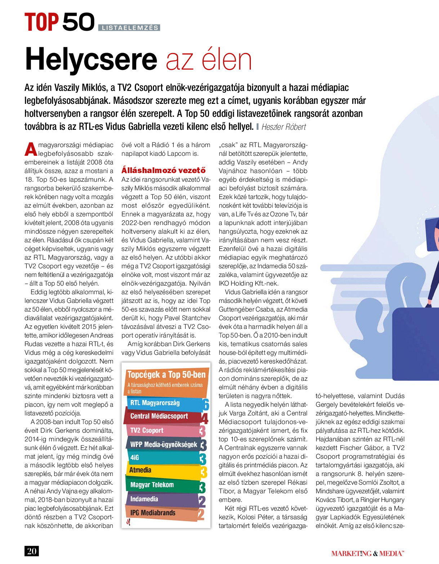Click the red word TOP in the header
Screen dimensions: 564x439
[x=41, y=22]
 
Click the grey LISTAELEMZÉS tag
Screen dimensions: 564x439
[x=129, y=28]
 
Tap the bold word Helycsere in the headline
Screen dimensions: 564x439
[x=91, y=59]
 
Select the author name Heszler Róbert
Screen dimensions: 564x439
[x=284, y=127]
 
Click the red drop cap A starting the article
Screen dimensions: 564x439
[x=31, y=149]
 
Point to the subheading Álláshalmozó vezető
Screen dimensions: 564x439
[x=163, y=170]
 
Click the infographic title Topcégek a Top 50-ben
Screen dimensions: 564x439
[x=166, y=374]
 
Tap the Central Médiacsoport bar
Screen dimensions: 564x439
[x=162, y=416]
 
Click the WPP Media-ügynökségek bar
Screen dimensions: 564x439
[x=162, y=444]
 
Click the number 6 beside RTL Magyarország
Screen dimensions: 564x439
[x=206, y=405]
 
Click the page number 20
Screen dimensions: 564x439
[x=32, y=551]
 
